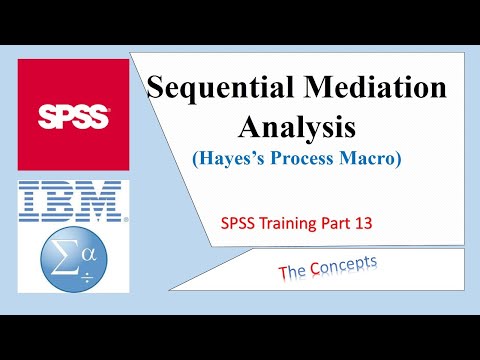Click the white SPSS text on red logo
point(73,113)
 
